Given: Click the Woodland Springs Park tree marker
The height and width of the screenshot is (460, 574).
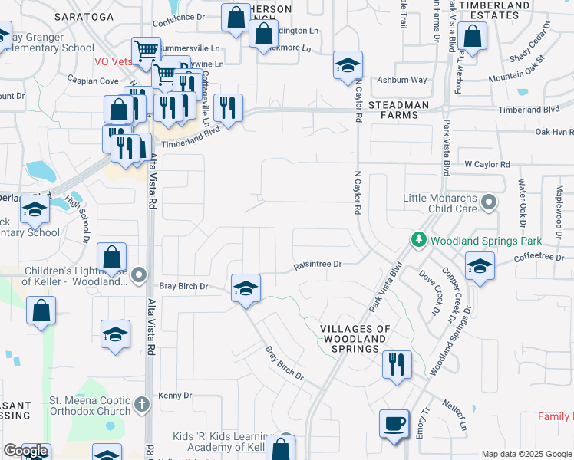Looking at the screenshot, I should (418, 240).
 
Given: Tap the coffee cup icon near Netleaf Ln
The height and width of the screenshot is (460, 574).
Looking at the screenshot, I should (394, 424).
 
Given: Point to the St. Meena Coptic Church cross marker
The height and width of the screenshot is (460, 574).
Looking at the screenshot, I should (141, 403).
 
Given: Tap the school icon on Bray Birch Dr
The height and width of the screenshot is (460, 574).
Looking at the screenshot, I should (246, 289).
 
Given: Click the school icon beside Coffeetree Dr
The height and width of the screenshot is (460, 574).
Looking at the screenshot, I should (480, 267).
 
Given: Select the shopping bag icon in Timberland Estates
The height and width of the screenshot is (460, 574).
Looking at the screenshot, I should (473, 36).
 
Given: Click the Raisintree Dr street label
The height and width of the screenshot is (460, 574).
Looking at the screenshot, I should (317, 264).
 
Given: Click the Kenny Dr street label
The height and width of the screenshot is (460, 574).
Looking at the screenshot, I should (174, 395).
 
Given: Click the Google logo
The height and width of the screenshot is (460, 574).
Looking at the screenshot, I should (25, 451).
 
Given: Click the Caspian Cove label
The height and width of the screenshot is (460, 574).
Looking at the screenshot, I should (92, 80).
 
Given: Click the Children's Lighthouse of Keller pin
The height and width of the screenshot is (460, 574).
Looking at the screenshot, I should (138, 274).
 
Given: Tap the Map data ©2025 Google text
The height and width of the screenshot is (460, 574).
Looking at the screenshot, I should (526, 454).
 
